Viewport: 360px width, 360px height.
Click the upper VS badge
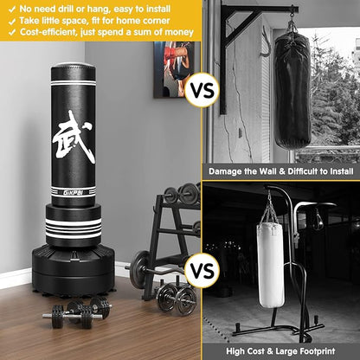(x=202, y=89)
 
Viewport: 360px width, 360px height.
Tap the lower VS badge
(x=202, y=271)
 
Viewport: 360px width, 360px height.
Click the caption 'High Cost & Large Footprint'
(x=281, y=350)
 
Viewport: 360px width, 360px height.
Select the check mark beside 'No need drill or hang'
(x=10, y=8)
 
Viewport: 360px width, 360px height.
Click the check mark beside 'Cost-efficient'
(x=10, y=34)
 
